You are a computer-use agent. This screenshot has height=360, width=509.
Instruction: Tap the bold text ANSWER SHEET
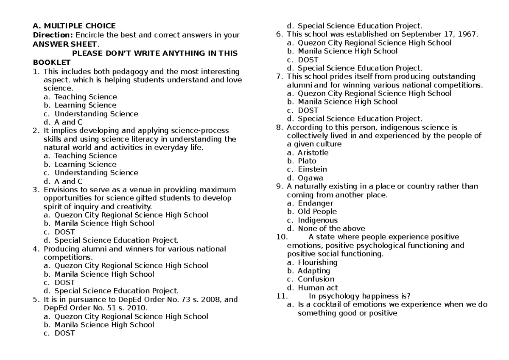tap(65, 44)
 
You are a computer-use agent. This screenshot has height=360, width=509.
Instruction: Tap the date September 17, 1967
tap(442, 34)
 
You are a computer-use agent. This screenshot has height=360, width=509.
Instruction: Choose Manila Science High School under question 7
tap(347, 101)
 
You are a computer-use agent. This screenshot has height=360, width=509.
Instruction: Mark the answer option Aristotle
tap(313, 152)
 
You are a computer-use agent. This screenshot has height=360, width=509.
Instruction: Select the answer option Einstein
tap(312, 169)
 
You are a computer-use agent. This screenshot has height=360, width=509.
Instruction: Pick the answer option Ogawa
tap(310, 178)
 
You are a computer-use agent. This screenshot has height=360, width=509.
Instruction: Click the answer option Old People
tap(317, 211)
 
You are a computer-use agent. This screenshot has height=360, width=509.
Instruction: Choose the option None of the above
tap(331, 228)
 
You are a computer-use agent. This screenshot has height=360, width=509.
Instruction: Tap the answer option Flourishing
tap(318, 262)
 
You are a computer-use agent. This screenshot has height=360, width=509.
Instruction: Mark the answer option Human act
tap(318, 288)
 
